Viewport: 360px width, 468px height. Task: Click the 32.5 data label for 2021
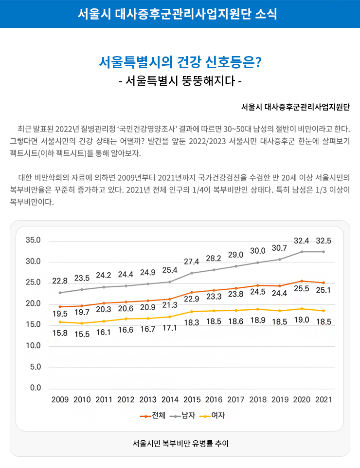(x=324, y=241)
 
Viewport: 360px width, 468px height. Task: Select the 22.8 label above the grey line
(x=60, y=281)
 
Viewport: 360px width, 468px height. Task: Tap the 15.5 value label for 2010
(x=82, y=335)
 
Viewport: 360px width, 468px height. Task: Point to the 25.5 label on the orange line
(x=302, y=289)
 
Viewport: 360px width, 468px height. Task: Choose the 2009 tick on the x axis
(x=60, y=400)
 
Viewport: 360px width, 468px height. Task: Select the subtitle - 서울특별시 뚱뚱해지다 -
(x=180, y=80)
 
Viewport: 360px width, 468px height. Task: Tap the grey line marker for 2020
(x=302, y=252)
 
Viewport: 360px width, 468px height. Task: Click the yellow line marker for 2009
(x=60, y=322)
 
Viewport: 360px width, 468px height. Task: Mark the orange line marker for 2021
(x=324, y=283)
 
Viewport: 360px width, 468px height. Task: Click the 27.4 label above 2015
(x=192, y=262)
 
